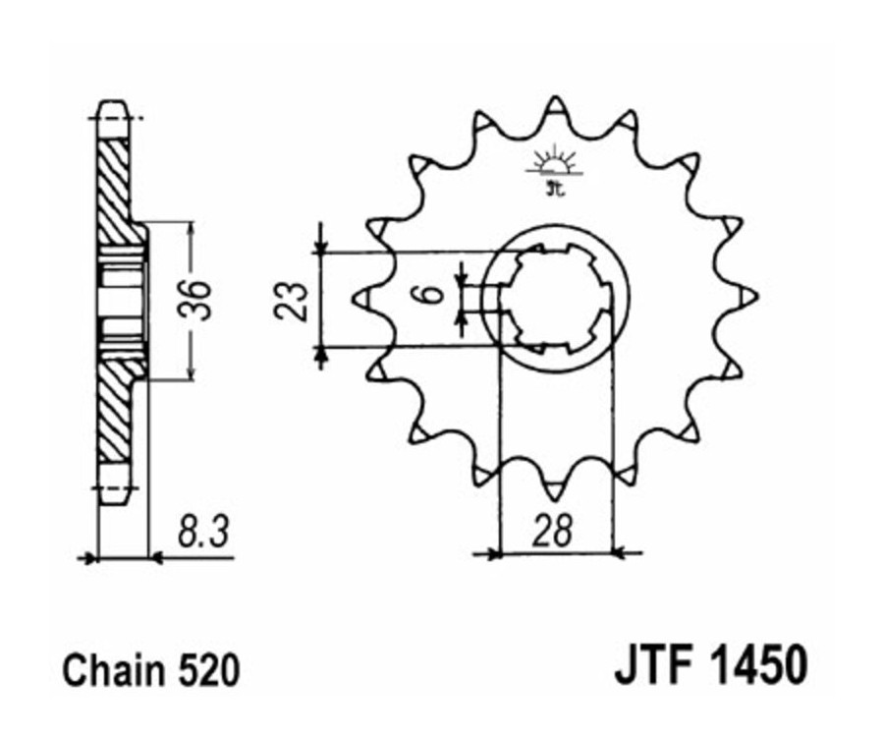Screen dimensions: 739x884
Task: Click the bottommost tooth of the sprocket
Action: (556, 485)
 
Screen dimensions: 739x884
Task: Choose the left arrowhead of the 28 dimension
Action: (490, 554)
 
